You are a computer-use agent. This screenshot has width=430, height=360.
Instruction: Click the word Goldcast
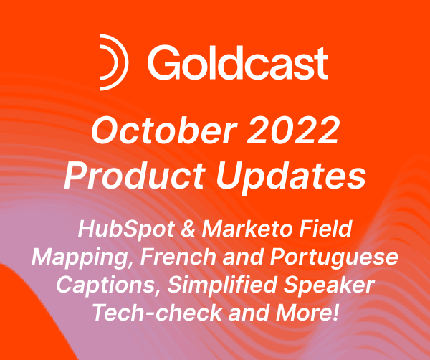click(237, 63)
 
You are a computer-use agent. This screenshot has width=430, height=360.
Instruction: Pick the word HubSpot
click(116, 230)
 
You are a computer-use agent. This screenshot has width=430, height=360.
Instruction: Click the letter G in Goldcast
click(163, 63)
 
